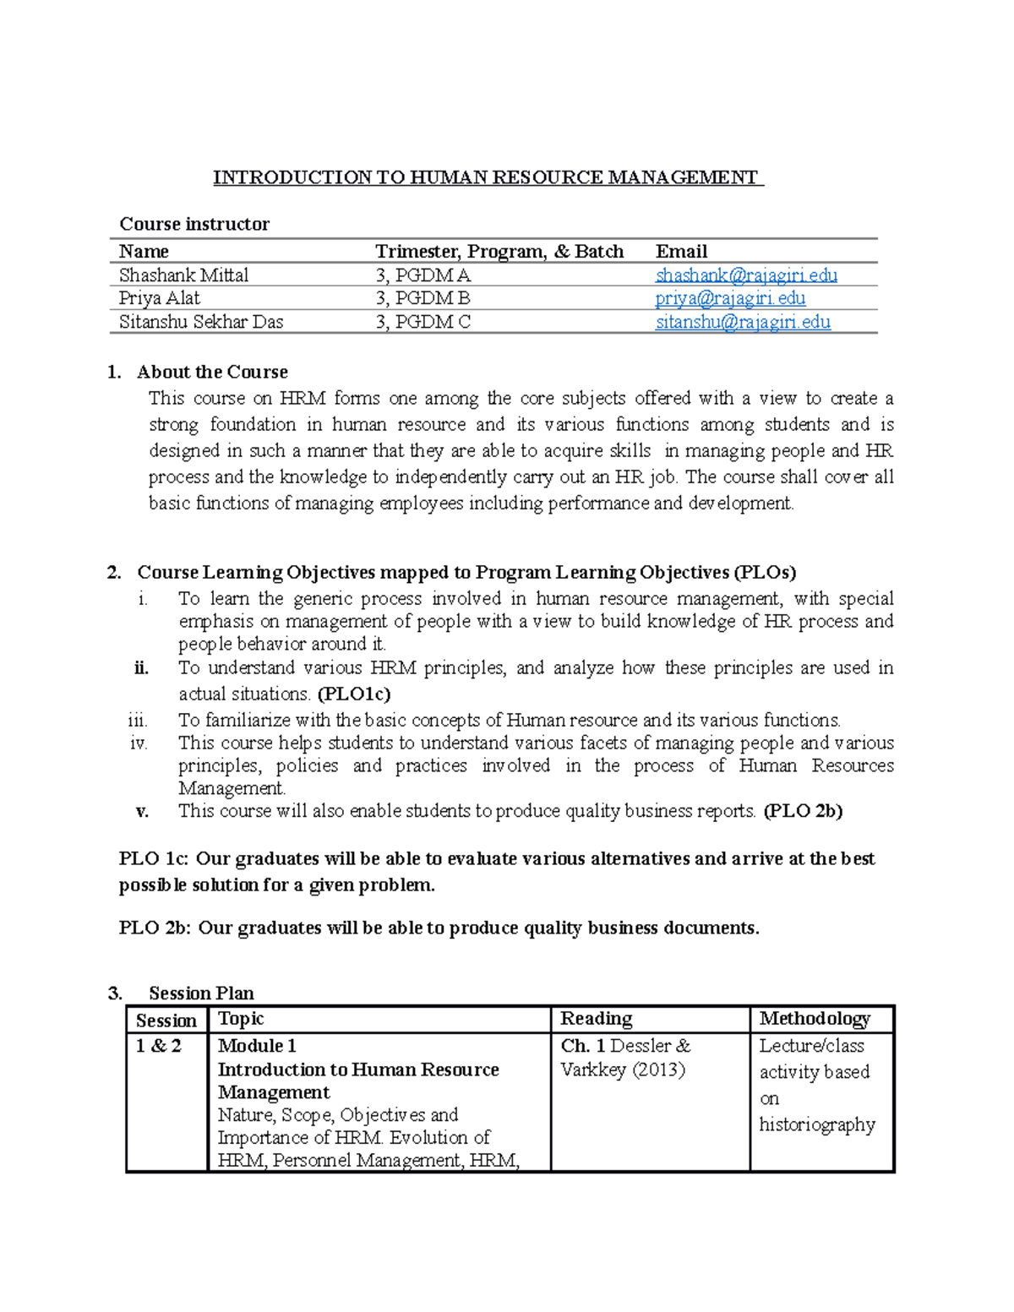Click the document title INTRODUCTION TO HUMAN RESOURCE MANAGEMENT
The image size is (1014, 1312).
(x=487, y=177)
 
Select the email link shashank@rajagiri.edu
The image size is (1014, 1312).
(x=746, y=275)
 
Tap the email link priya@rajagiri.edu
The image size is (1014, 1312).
(x=730, y=298)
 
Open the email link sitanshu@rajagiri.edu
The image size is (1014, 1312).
(x=743, y=322)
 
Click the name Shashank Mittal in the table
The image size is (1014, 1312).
(x=183, y=275)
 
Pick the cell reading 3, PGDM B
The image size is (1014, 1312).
(x=422, y=298)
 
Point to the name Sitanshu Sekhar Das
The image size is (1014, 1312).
(x=201, y=322)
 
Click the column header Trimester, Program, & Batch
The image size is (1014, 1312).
(x=499, y=252)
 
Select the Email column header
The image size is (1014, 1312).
(x=681, y=252)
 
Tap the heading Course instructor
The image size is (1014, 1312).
(x=194, y=224)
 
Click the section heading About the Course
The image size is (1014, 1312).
(x=212, y=372)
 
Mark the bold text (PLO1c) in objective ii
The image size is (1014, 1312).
(x=354, y=694)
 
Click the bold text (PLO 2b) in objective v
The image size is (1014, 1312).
(x=803, y=811)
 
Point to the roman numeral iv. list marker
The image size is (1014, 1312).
(x=139, y=743)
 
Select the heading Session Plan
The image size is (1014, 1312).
(x=201, y=993)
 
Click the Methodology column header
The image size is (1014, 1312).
(x=815, y=1019)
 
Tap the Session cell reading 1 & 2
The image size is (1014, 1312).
(x=159, y=1046)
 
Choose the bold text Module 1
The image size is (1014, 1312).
(x=257, y=1046)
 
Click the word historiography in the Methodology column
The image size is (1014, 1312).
(x=817, y=1124)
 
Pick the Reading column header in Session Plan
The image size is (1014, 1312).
(x=597, y=1019)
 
